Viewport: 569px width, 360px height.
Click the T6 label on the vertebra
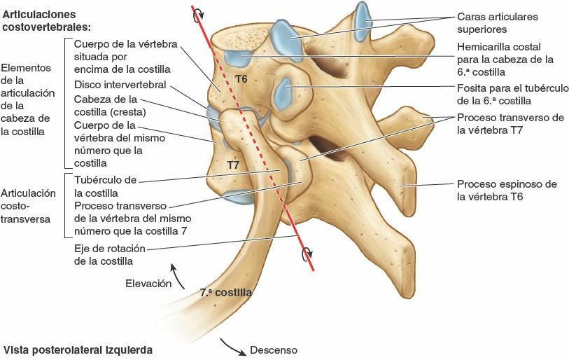click(241, 79)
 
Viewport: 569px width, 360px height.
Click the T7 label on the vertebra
click(234, 165)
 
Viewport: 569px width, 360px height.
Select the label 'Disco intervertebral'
click(120, 84)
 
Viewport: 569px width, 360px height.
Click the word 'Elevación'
click(148, 284)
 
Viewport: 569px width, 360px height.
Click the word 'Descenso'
click(274, 349)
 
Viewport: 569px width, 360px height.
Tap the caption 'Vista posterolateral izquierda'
click(78, 349)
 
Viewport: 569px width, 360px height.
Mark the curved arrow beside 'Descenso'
click(232, 344)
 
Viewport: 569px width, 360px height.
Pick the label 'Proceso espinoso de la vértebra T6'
click(507, 191)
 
